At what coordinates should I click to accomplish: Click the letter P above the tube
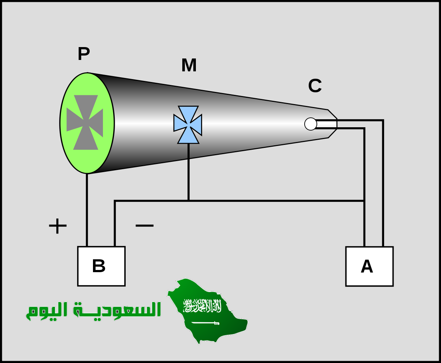tap(84, 54)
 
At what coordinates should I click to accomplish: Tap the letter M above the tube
tap(189, 65)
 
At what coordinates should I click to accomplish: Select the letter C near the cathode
tap(315, 86)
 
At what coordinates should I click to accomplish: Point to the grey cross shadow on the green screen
tap(85, 122)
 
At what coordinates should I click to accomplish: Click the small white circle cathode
tap(311, 124)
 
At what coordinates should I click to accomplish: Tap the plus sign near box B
tap(58, 226)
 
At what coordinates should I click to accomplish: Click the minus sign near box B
tap(144, 225)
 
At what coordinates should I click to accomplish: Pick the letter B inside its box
tap(98, 266)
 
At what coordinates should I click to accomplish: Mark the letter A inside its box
tap(367, 267)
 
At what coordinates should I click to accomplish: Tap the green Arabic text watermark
tap(94, 310)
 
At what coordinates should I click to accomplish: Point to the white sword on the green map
tap(205, 323)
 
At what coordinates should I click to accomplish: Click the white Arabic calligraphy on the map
tap(202, 306)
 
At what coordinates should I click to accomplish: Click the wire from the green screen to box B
tap(87, 210)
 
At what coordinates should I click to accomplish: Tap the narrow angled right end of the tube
tap(332, 124)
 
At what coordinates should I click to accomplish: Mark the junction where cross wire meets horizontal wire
tap(189, 201)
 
